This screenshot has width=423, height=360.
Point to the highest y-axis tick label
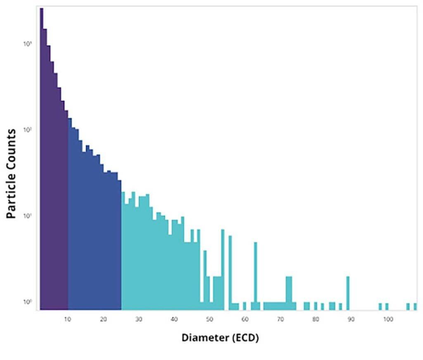(x=28, y=44)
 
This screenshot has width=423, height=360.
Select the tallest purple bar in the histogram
(x=41, y=159)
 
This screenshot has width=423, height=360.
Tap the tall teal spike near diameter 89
(x=348, y=293)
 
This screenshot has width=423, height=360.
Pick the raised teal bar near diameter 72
(x=289, y=293)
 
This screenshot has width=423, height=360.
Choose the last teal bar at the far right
(x=415, y=307)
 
